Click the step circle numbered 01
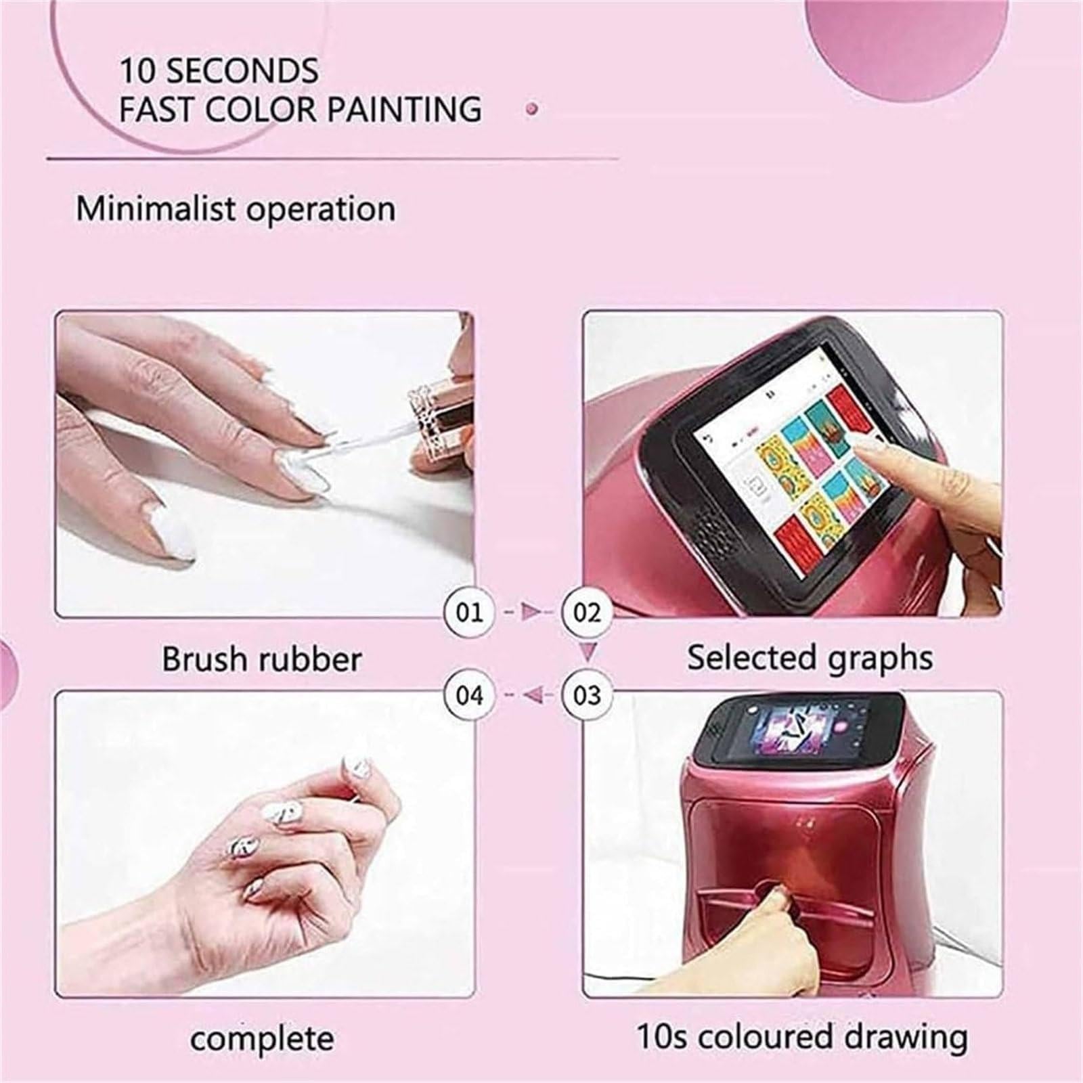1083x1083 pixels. tap(470, 613)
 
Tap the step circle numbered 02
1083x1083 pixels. tap(587, 613)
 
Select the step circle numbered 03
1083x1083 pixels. tap(587, 695)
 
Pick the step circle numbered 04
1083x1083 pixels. tap(470, 695)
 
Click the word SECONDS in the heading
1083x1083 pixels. tap(242, 71)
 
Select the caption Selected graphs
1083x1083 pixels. tap(810, 658)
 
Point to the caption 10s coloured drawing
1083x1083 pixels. tap(802, 1037)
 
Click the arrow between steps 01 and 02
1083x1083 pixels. tap(529, 613)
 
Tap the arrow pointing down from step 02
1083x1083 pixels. tap(588, 653)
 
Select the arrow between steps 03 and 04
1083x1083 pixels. tap(529, 695)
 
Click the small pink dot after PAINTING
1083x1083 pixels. tap(533, 108)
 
